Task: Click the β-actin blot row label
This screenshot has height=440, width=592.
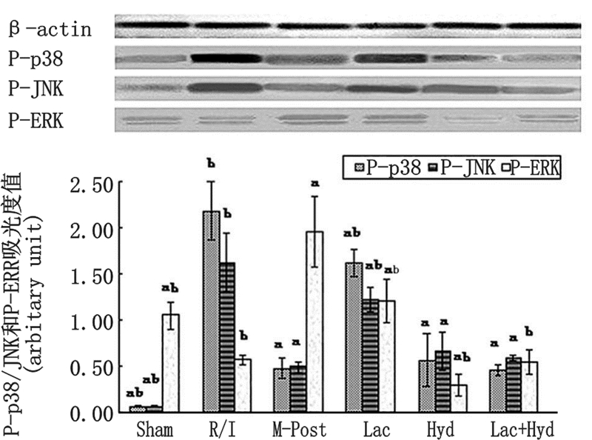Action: [50, 30]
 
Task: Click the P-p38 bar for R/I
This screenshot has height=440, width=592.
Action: [212, 311]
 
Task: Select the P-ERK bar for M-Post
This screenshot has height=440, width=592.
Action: [316, 322]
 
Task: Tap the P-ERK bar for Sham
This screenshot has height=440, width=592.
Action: [170, 363]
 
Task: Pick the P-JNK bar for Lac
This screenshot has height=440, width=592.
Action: [371, 356]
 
